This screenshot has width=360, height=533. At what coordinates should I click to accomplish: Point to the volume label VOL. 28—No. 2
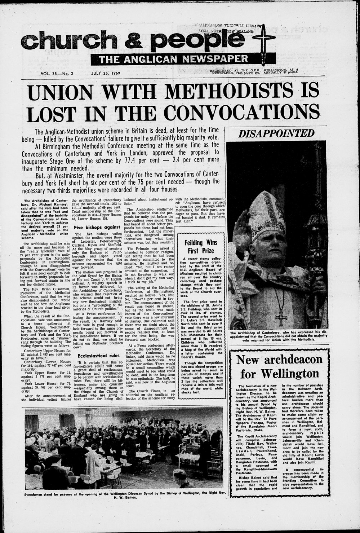57,73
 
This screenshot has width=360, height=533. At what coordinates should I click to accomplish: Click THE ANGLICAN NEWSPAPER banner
174,59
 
